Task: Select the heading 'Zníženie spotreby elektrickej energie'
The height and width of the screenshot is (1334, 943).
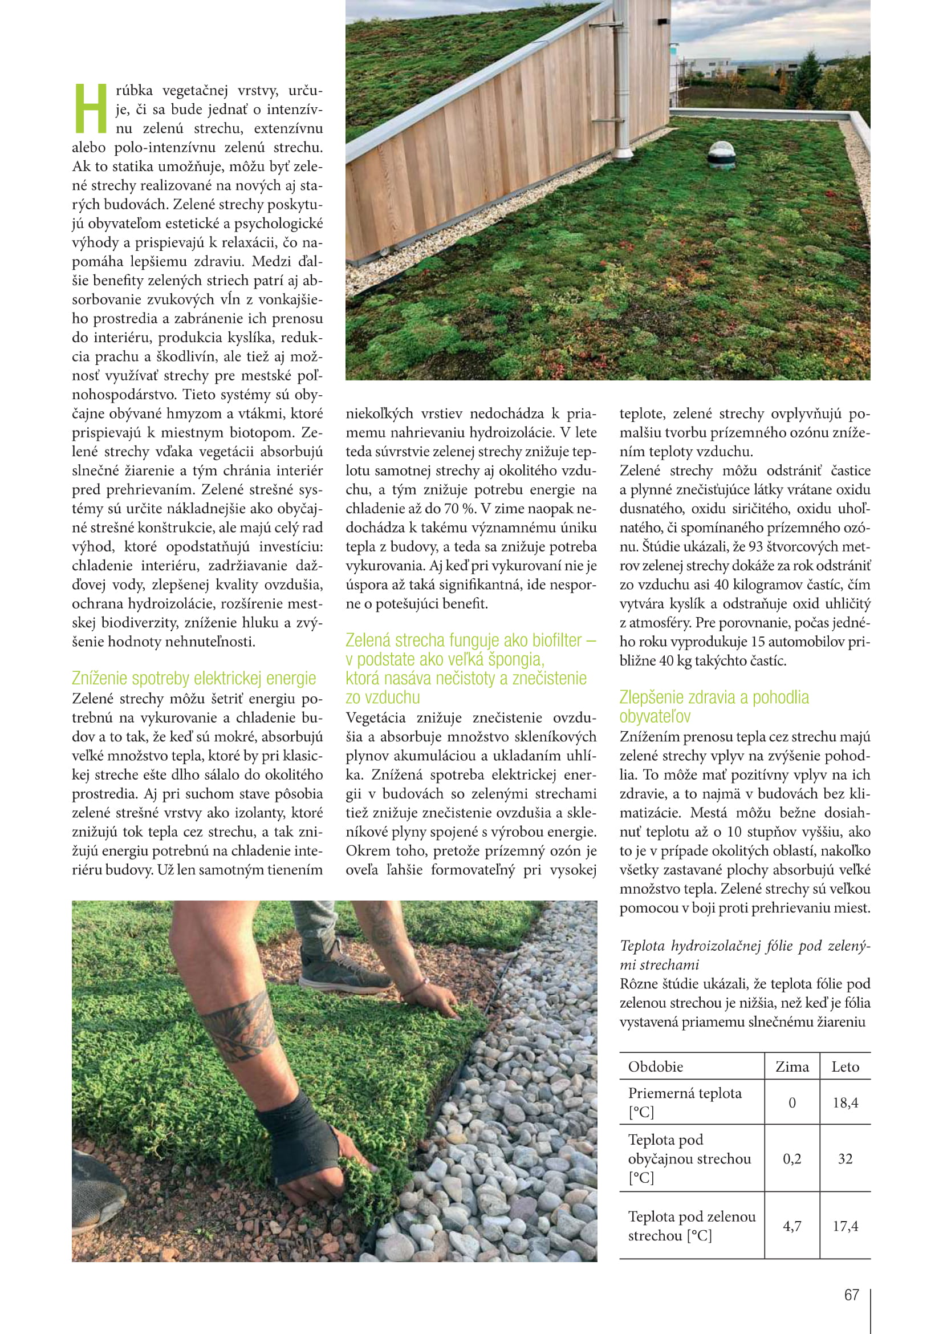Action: [194, 678]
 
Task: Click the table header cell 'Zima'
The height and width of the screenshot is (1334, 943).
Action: [792, 1067]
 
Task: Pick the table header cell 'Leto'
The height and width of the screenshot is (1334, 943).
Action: [845, 1067]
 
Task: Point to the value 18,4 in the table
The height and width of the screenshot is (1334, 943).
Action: [845, 1102]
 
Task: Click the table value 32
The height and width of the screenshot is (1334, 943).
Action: [845, 1158]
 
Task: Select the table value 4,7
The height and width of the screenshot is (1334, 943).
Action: [792, 1226]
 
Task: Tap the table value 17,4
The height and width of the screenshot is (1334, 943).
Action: [845, 1226]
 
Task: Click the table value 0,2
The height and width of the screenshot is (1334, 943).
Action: [792, 1158]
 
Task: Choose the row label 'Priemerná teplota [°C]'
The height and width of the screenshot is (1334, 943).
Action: [685, 1102]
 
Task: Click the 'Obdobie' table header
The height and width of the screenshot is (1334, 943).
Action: [656, 1067]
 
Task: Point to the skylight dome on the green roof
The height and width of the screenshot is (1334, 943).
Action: [721, 154]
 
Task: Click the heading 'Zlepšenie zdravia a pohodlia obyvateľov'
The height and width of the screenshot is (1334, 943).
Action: [714, 707]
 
